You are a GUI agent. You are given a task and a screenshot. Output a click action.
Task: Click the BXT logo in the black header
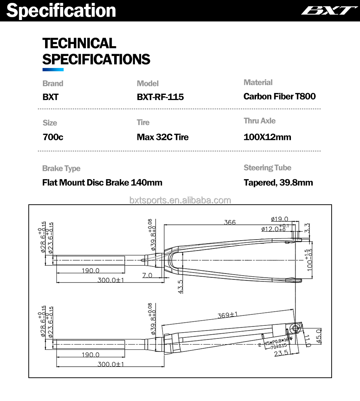329,10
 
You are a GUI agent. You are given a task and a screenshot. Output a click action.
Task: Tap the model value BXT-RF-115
160,97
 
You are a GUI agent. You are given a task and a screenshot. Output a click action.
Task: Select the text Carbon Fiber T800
279,96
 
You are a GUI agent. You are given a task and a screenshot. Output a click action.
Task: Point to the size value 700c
53,137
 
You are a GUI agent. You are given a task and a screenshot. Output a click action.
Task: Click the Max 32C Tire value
163,137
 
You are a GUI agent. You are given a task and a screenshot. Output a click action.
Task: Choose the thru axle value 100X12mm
267,137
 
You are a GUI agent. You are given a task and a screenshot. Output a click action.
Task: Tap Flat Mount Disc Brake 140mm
102,183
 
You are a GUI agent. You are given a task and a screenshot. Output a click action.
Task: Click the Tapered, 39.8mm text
278,183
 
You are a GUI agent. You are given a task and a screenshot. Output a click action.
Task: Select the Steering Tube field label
267,168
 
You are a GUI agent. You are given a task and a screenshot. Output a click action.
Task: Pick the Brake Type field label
61,168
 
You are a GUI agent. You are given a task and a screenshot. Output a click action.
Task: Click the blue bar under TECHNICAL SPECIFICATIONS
53,69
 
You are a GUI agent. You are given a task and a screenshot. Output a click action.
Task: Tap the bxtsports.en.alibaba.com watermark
180,200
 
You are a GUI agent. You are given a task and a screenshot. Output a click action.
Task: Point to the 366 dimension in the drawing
230,222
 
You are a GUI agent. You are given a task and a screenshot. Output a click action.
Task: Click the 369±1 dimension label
227,315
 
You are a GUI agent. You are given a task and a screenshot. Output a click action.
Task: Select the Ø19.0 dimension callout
279,219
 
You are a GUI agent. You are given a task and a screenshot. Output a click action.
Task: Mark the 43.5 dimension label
181,286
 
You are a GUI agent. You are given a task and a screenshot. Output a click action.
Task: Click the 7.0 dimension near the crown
147,276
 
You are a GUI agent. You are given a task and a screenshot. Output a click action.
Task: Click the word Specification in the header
61,10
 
